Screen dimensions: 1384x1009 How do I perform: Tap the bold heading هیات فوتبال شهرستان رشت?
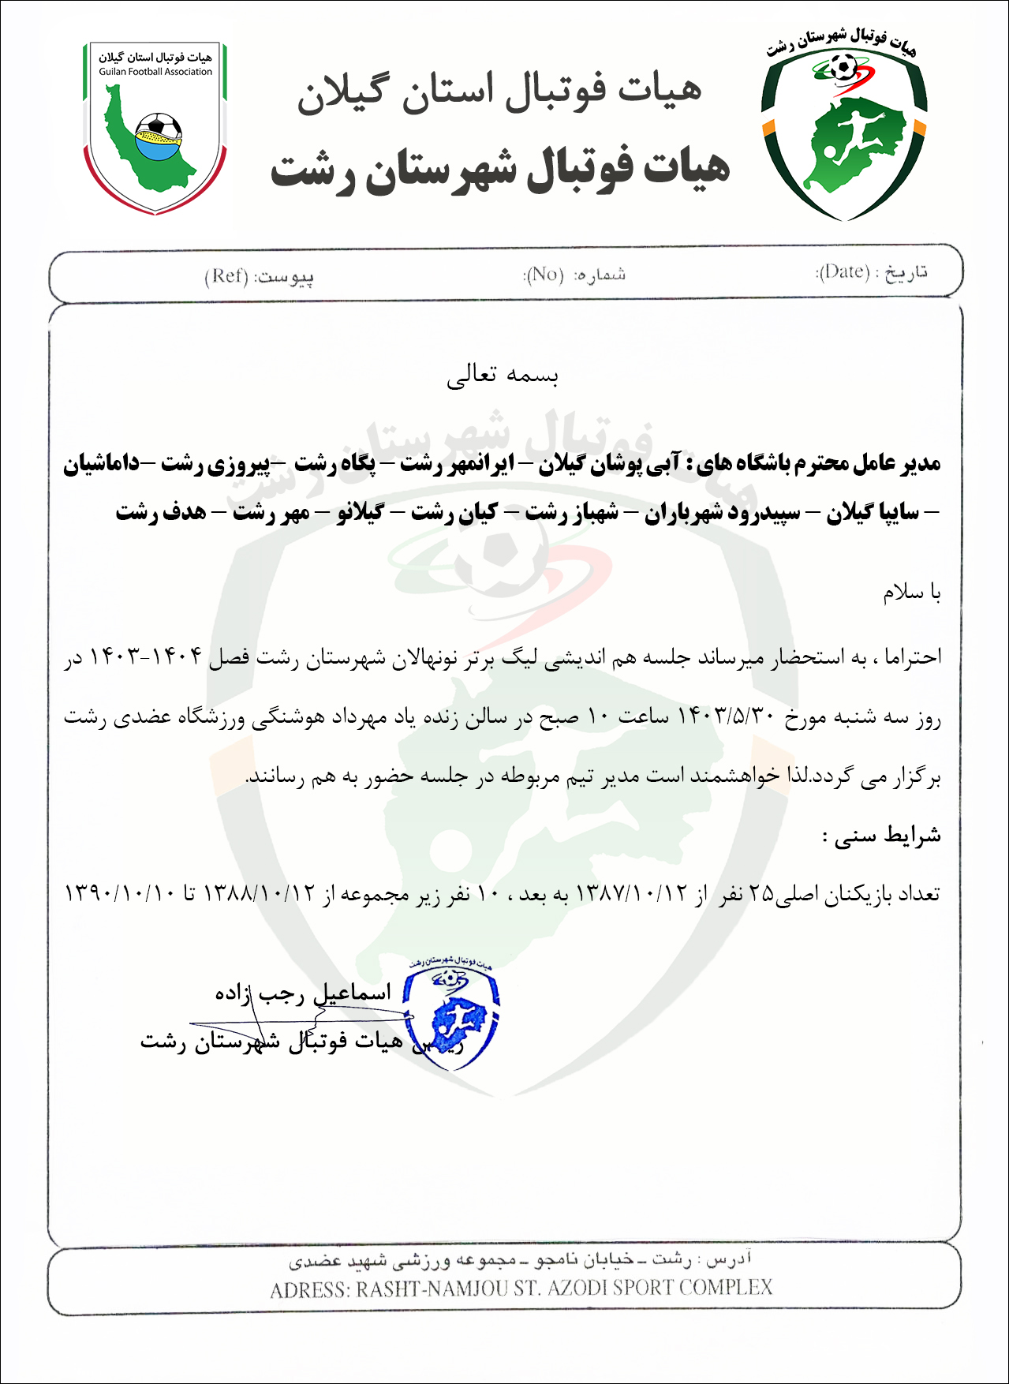pos(500,169)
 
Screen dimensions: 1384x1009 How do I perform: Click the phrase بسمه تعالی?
pos(503,375)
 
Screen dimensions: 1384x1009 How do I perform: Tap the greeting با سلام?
pos(912,592)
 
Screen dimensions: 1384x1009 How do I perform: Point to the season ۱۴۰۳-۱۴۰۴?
pos(146,656)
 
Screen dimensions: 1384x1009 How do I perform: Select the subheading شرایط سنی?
pos(882,836)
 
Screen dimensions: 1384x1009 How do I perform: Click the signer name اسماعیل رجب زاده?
pos(303,993)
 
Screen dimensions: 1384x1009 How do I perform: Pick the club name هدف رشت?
pos(161,513)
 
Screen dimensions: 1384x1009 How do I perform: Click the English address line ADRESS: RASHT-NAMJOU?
pos(521,1289)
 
